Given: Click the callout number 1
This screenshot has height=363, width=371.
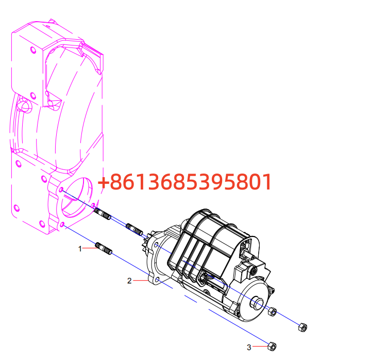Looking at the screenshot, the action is click(80, 249).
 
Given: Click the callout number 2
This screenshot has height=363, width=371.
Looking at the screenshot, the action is click(129, 281).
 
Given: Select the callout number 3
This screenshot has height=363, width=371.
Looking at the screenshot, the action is click(249, 348).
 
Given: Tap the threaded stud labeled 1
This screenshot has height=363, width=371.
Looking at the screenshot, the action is click(104, 248).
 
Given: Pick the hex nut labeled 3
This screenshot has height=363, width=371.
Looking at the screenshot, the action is click(272, 346).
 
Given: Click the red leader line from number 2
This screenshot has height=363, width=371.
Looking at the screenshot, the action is click(141, 280).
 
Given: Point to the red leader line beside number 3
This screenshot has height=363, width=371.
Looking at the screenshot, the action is click(260, 346).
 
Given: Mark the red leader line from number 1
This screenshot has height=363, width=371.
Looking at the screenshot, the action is click(89, 248).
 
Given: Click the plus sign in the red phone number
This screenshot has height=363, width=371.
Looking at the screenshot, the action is click(103, 183).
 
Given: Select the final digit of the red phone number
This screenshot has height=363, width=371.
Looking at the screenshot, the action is click(268, 182).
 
